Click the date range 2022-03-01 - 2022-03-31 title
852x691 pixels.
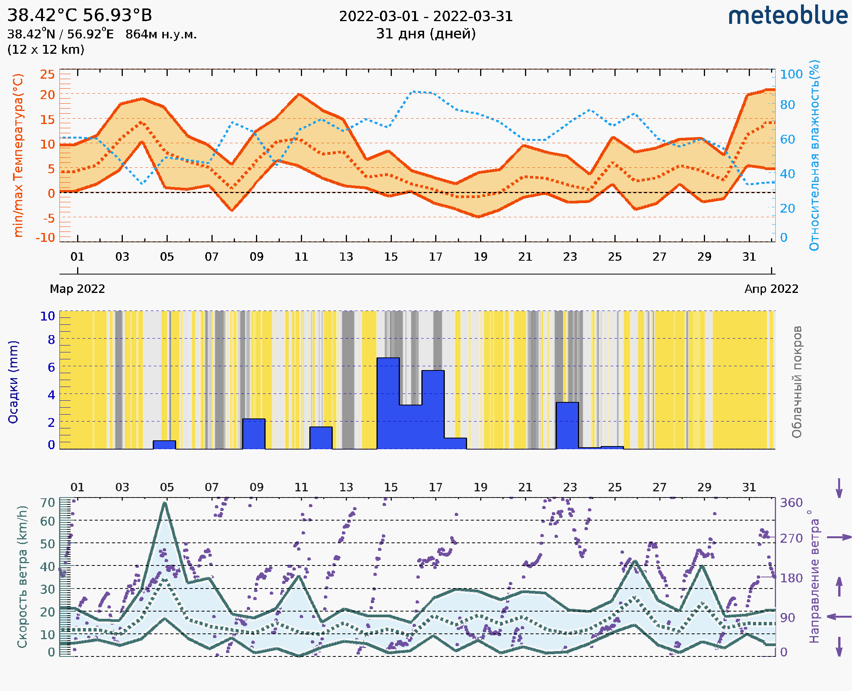tap(426, 17)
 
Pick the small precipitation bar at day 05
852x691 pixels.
tap(164, 445)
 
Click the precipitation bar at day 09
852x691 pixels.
tap(254, 433)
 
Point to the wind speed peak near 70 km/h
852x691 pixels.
tap(165, 504)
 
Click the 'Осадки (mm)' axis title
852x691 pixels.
tap(13, 382)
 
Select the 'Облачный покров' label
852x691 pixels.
tap(796, 382)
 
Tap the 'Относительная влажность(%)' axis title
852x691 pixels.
tap(814, 155)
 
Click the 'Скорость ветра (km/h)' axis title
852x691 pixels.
tap(22, 577)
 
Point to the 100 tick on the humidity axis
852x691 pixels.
tap(791, 74)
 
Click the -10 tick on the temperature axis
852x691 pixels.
tap(45, 238)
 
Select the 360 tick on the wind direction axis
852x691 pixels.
tap(791, 503)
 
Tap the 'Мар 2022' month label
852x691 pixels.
tap(77, 289)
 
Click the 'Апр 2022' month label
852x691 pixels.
tap(771, 289)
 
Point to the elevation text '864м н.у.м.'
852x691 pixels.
tap(161, 35)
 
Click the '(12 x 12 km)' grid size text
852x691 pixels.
tap(46, 50)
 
